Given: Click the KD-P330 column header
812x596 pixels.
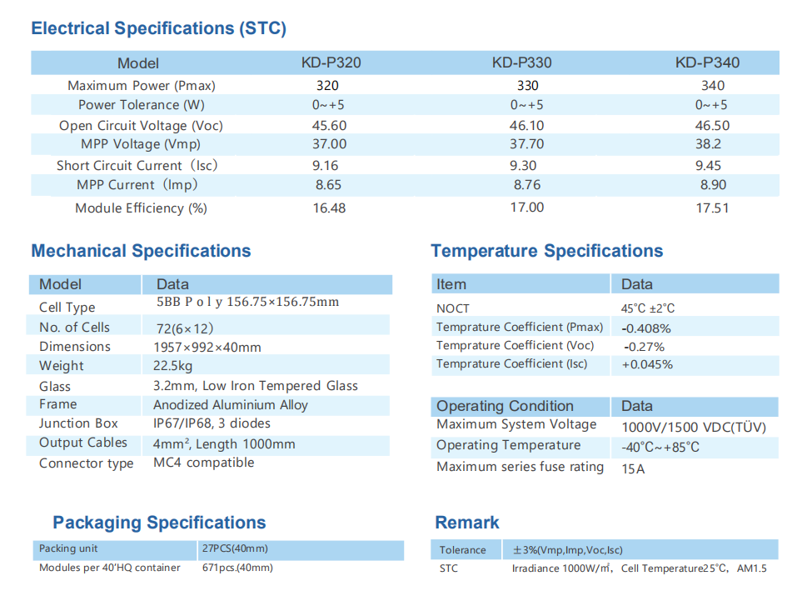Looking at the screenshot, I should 521,63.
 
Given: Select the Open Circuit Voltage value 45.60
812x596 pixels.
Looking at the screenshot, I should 330,125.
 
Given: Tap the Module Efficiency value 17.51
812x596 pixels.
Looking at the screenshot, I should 712,208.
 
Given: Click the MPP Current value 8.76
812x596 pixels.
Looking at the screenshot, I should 527,185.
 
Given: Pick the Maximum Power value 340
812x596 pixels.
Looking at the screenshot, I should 712,85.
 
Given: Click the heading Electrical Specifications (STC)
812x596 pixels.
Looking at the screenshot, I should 158,28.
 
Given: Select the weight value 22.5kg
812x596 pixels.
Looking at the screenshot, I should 173,365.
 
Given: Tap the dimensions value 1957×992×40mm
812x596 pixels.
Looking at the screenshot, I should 207,347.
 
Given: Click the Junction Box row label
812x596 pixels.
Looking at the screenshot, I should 78,423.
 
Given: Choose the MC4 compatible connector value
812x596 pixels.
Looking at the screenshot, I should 204,463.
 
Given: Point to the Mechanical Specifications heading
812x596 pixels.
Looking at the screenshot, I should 141,251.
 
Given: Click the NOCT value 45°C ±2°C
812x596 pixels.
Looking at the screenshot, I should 648,308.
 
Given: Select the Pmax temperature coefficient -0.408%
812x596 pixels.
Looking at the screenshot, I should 646,328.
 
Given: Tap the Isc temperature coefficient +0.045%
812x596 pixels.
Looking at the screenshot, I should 647,364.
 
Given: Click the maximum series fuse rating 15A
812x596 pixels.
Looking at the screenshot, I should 633,468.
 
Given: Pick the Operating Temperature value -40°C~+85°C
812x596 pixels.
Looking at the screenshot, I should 660,447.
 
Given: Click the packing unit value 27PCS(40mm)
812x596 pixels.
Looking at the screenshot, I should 235,548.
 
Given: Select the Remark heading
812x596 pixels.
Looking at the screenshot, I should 467,523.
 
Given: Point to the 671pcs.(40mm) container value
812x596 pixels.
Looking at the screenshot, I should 237,568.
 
